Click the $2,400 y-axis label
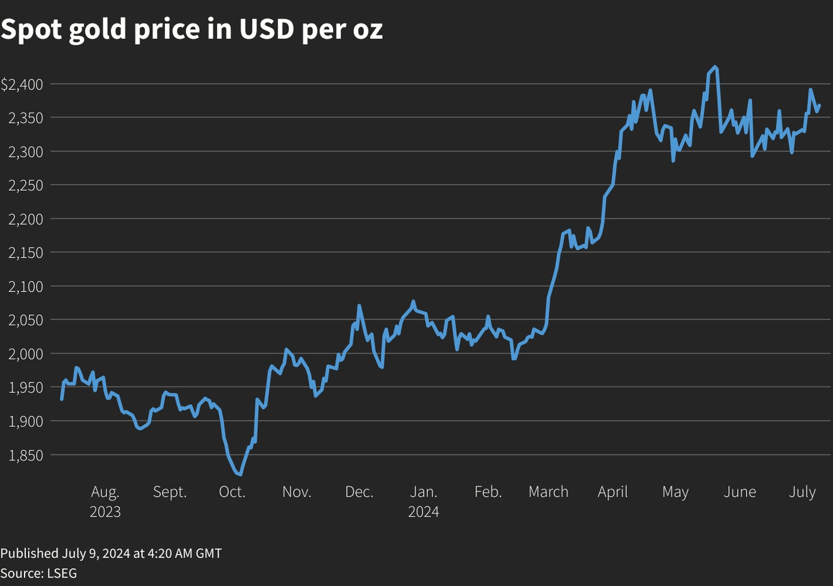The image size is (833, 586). [22, 84]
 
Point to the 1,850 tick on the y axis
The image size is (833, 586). [26, 456]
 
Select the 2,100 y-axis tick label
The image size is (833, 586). [26, 287]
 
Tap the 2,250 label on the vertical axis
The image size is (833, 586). [26, 186]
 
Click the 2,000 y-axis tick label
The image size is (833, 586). [26, 354]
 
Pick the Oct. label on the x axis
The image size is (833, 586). [232, 492]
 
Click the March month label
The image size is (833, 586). [548, 492]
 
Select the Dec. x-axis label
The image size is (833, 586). [359, 492]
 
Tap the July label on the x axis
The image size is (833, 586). [802, 492]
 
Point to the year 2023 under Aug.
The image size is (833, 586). [105, 512]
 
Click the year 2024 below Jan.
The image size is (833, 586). [424, 512]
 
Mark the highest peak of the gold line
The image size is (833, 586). [715, 67]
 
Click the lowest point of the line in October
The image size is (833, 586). [240, 475]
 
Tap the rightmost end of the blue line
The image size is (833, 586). [819, 105]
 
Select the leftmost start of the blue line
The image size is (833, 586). [62, 399]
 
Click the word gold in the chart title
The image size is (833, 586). [98, 29]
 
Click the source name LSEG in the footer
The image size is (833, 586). [62, 573]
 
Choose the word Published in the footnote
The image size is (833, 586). [29, 553]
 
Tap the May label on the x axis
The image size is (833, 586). [675, 492]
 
